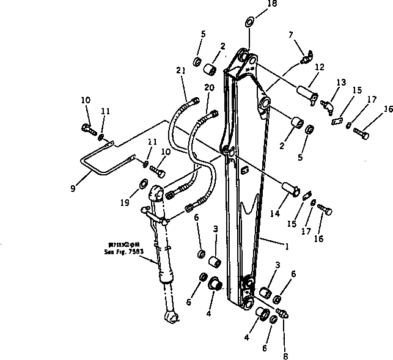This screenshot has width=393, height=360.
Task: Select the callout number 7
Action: click(x=290, y=36)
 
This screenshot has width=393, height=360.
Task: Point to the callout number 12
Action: click(x=319, y=67)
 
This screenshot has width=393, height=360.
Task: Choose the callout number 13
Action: click(x=340, y=82)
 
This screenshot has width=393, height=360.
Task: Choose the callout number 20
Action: click(x=209, y=89)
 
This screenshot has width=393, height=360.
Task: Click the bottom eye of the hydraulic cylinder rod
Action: click(x=171, y=317)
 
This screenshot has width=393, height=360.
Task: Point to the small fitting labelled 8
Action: click(x=282, y=312)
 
